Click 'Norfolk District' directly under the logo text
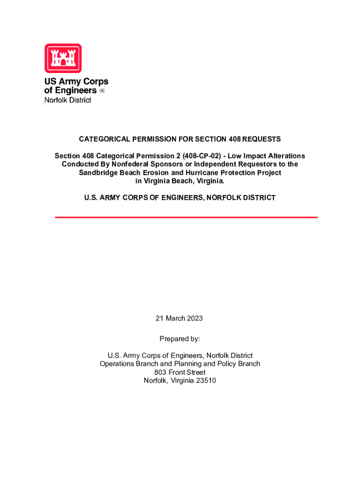(68, 100)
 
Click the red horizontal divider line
(186, 217)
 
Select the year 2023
(194, 319)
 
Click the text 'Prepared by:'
(180, 338)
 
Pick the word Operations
(117, 363)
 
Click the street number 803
(160, 372)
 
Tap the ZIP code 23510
(205, 380)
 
